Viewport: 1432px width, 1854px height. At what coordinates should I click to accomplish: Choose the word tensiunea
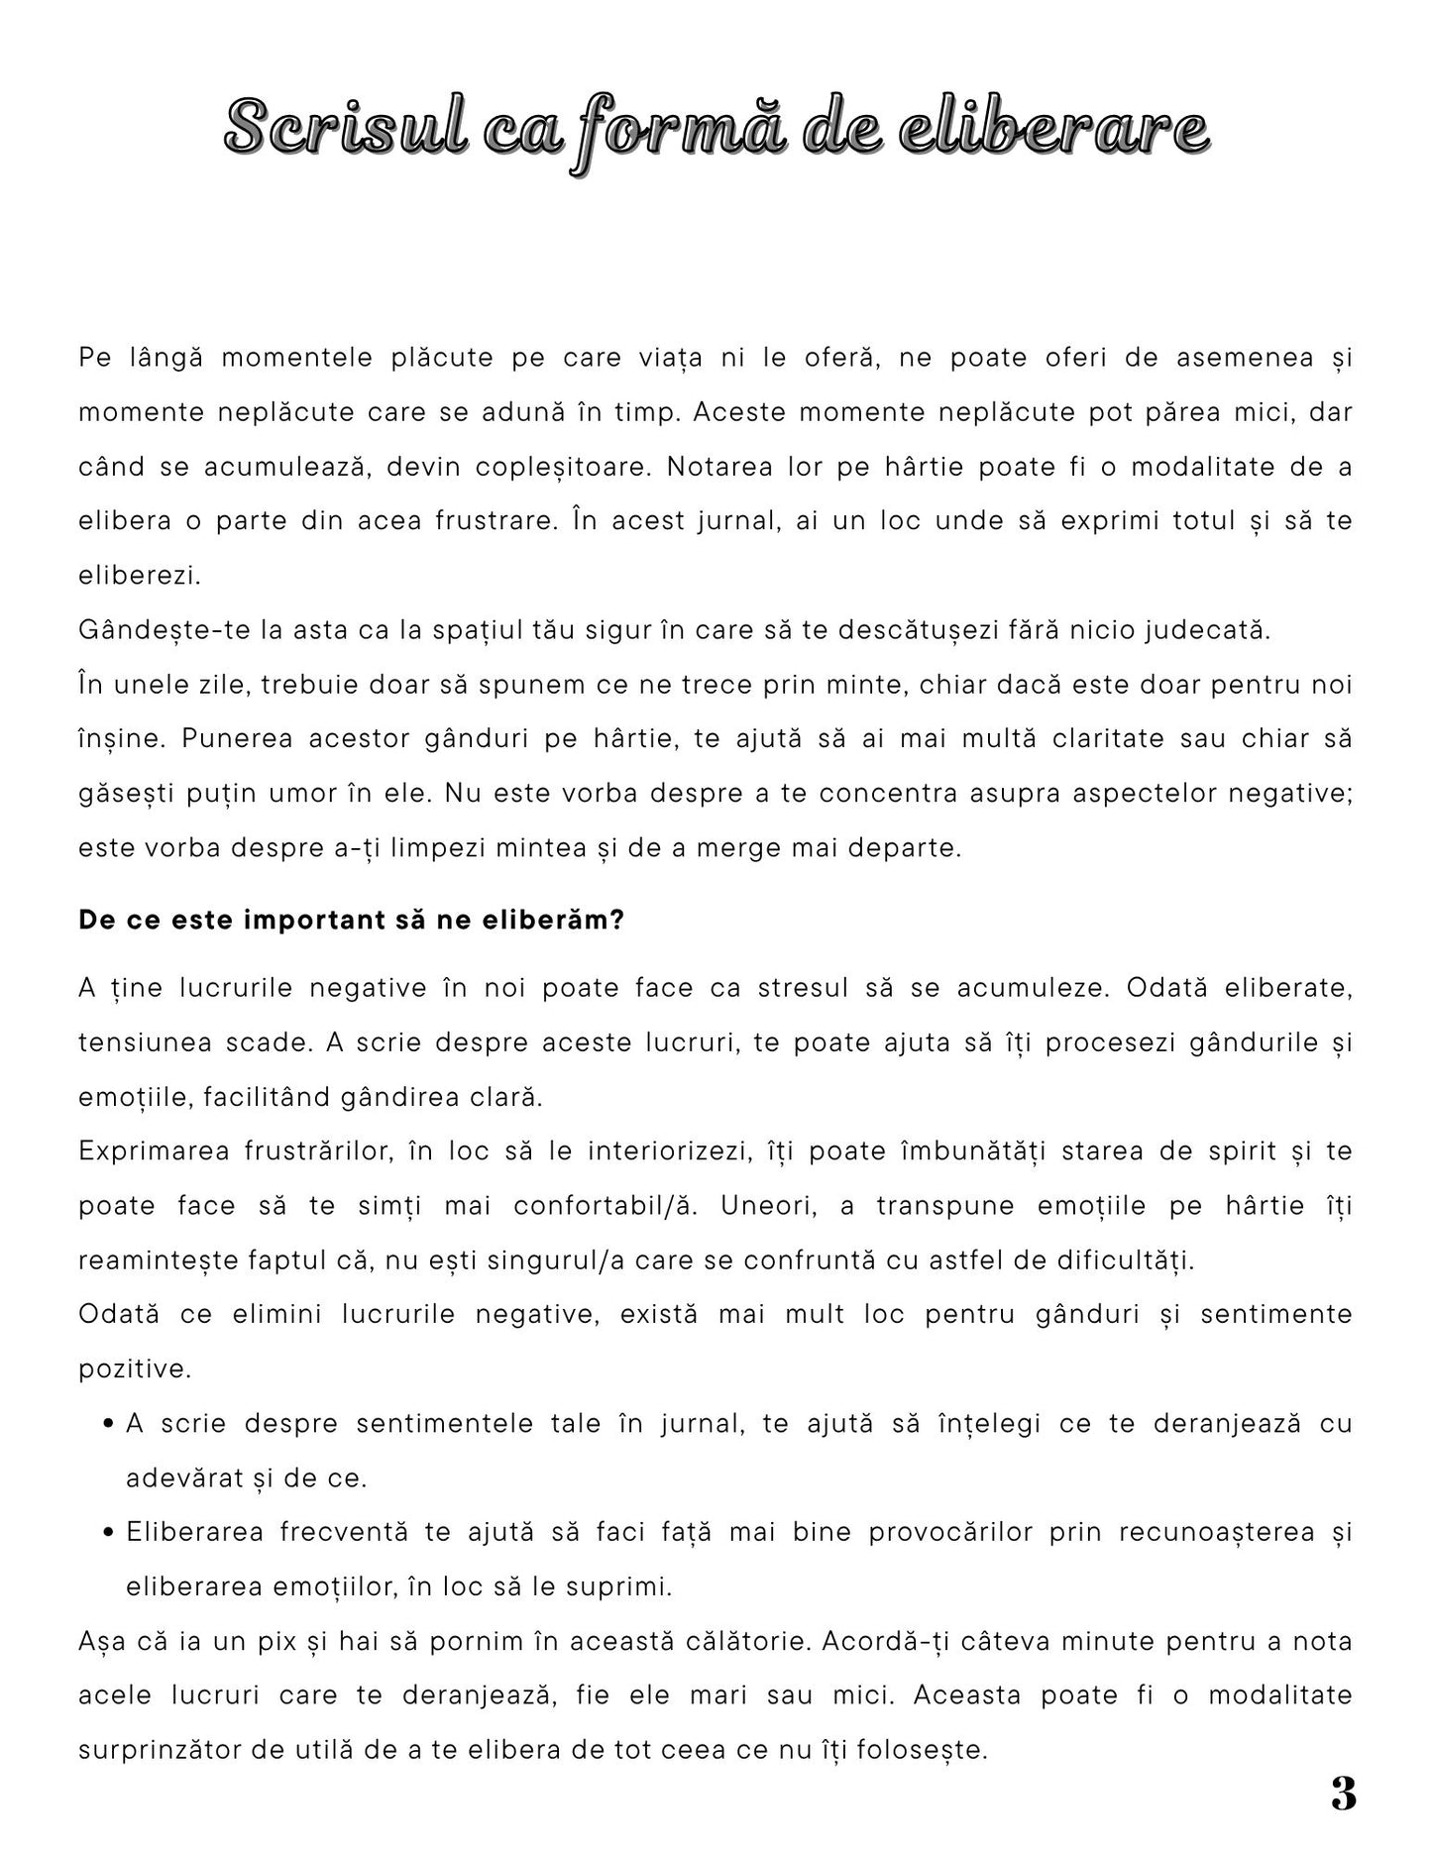[x=142, y=1042]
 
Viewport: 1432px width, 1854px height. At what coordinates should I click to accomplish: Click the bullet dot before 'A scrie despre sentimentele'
[x=107, y=1425]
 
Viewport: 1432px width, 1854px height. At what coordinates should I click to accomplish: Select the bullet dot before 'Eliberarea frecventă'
[x=107, y=1534]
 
